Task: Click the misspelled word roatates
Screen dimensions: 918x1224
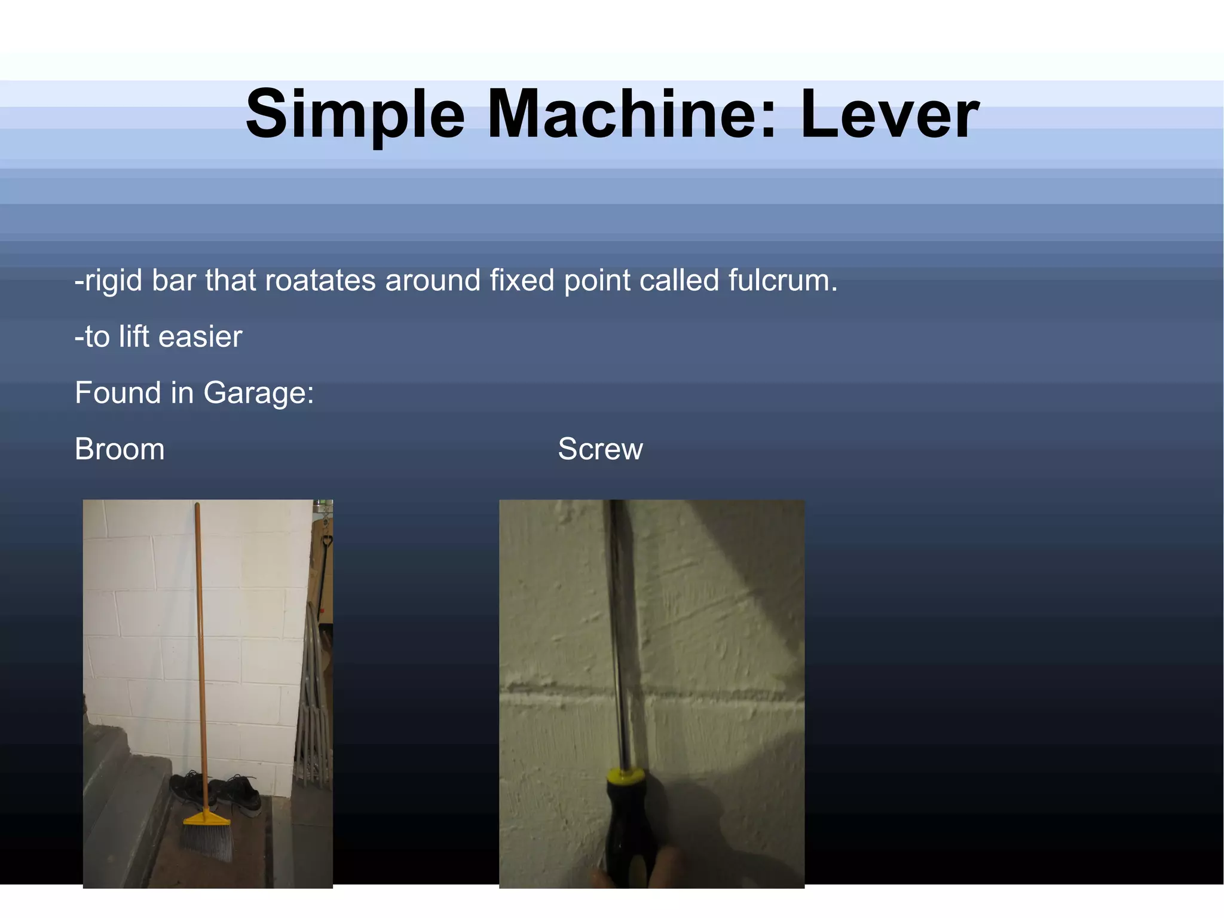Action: (x=320, y=280)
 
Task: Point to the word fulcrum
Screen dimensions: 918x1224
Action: (x=782, y=280)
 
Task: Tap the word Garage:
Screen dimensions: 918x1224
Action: (x=258, y=394)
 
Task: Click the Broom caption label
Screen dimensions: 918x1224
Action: (x=120, y=449)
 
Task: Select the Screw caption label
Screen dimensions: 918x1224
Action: (x=600, y=449)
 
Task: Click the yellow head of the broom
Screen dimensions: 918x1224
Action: (x=207, y=818)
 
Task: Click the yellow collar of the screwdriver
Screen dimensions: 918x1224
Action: (x=625, y=776)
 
